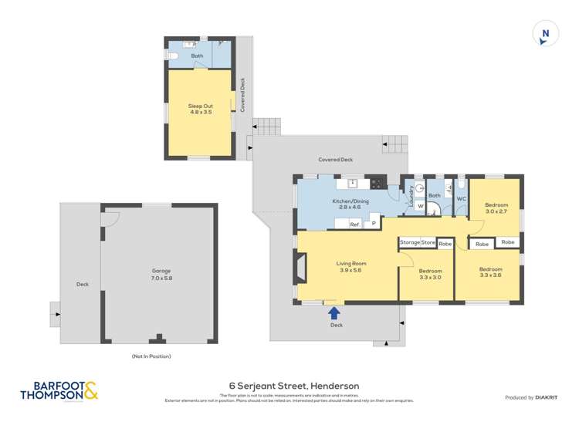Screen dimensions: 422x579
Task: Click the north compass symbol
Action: (x=546, y=35)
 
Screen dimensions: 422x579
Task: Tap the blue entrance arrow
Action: (x=334, y=312)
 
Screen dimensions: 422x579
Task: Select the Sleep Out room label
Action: (x=200, y=109)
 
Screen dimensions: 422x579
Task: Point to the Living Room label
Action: (x=350, y=267)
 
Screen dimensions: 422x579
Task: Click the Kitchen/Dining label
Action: (x=350, y=204)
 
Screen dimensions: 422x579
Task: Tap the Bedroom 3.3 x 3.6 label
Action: (x=490, y=272)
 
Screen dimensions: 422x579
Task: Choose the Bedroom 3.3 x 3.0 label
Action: (x=430, y=274)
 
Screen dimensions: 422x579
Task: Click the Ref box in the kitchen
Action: (x=354, y=225)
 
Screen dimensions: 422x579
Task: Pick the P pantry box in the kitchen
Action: (x=374, y=224)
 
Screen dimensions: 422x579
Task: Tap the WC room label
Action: (x=461, y=199)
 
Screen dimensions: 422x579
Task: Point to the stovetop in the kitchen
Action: (x=378, y=183)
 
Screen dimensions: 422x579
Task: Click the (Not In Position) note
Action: (x=151, y=356)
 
